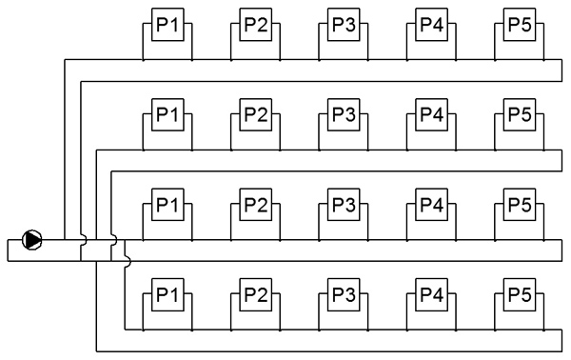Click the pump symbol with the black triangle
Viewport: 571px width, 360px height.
32,240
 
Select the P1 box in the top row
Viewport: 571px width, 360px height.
167,25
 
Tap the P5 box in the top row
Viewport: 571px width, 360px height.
520,25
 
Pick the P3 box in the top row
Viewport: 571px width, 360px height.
344,25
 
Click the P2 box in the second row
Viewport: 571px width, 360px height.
256,114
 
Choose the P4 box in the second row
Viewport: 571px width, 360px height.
431,114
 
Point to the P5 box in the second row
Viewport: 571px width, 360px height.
520,114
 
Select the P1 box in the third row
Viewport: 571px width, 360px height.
167,205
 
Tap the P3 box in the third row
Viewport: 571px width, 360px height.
344,205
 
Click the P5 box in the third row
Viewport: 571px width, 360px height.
520,205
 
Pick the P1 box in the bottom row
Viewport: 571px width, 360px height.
167,294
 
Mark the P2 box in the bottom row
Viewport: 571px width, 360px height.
256,294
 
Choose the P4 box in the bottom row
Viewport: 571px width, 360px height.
431,294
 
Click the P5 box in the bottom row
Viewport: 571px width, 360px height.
520,294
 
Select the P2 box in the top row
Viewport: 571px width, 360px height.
256,25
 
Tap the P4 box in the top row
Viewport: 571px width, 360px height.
431,25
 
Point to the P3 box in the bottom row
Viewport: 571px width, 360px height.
344,294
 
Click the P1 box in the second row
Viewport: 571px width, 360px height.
167,114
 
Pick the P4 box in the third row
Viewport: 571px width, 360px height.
431,205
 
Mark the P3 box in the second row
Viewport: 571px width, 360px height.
344,114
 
